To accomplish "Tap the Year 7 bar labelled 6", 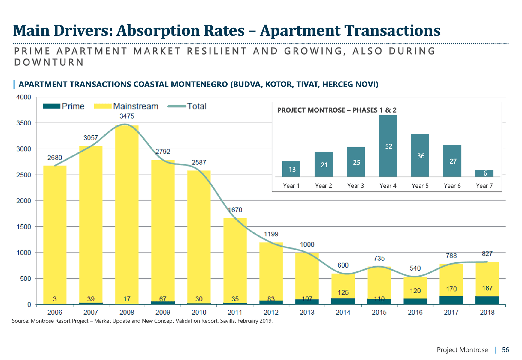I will click(484, 173).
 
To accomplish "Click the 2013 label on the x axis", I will click(307, 312).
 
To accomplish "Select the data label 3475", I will click(127, 116).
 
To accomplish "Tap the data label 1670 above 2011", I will click(235, 210).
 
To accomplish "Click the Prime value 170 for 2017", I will click(451, 289).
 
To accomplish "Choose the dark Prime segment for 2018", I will click(487, 300).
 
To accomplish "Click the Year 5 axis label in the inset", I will click(420, 186).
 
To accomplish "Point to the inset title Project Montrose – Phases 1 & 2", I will click(336, 110).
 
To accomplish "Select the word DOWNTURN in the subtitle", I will click(49, 62).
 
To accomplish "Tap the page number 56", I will click(505, 350).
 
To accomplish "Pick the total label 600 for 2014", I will click(343, 265).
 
